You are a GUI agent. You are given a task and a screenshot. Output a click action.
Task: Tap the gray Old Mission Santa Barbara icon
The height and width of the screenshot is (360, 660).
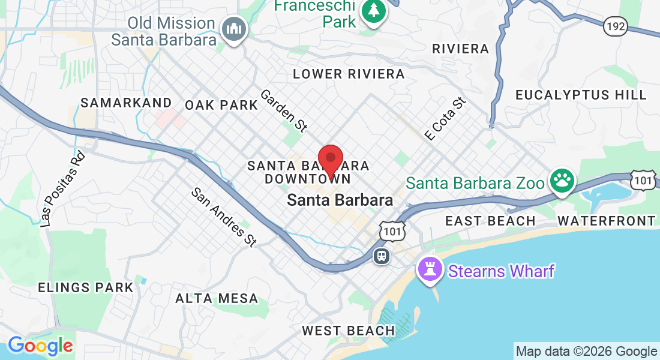point(233,29)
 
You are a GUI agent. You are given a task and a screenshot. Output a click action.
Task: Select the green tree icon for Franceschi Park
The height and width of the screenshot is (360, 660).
point(374,11)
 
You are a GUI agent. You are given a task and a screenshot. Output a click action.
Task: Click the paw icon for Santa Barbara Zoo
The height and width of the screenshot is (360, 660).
point(562,181)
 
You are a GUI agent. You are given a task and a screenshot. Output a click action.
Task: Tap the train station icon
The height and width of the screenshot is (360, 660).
point(381,256)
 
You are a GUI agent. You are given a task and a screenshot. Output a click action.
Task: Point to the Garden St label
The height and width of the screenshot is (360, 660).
point(284,110)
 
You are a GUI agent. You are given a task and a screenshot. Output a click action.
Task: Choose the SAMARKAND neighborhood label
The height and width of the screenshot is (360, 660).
point(127,103)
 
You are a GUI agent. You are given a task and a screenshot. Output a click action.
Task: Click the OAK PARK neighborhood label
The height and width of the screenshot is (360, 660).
point(221,105)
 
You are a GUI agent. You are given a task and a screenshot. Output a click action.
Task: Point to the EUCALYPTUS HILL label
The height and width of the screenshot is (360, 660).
point(581,95)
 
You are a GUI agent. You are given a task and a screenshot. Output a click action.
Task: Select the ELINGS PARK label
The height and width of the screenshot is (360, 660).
point(86,287)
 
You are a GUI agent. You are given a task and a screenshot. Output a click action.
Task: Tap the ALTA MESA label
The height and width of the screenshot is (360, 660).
point(217,298)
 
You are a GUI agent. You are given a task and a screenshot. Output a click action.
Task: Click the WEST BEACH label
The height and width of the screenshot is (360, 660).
point(349,331)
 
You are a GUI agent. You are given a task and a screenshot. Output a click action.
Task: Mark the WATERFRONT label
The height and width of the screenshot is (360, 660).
point(607,221)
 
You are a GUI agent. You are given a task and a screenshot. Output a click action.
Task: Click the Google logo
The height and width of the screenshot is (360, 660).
point(40,346)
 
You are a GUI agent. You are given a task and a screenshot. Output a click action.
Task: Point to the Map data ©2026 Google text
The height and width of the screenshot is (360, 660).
point(587,351)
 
